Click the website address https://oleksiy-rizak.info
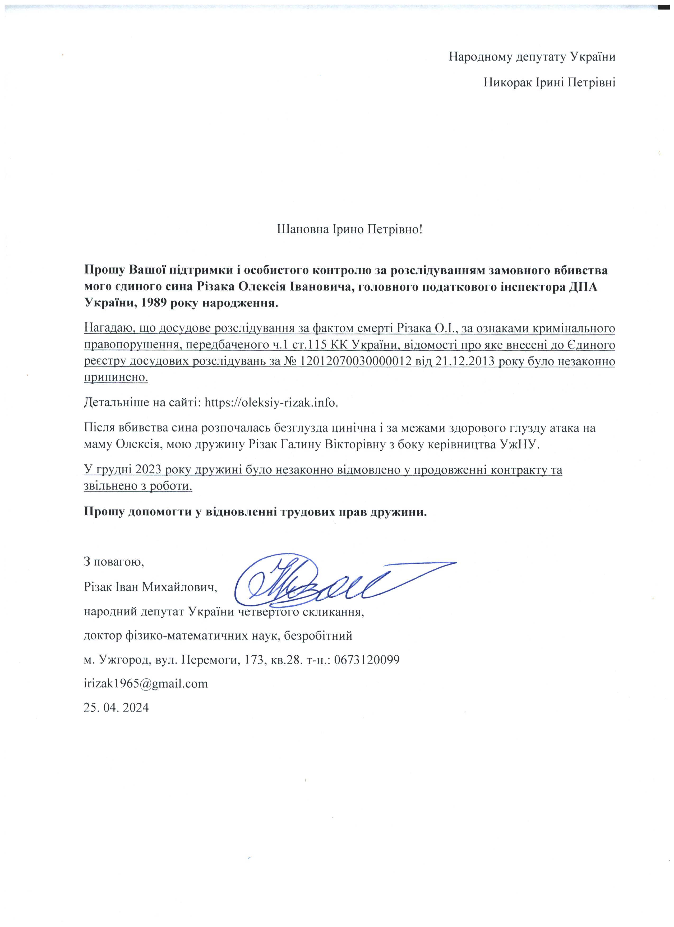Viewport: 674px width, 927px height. pos(271,403)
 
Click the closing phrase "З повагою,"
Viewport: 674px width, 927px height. pos(114,562)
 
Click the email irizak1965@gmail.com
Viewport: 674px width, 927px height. pos(146,683)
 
